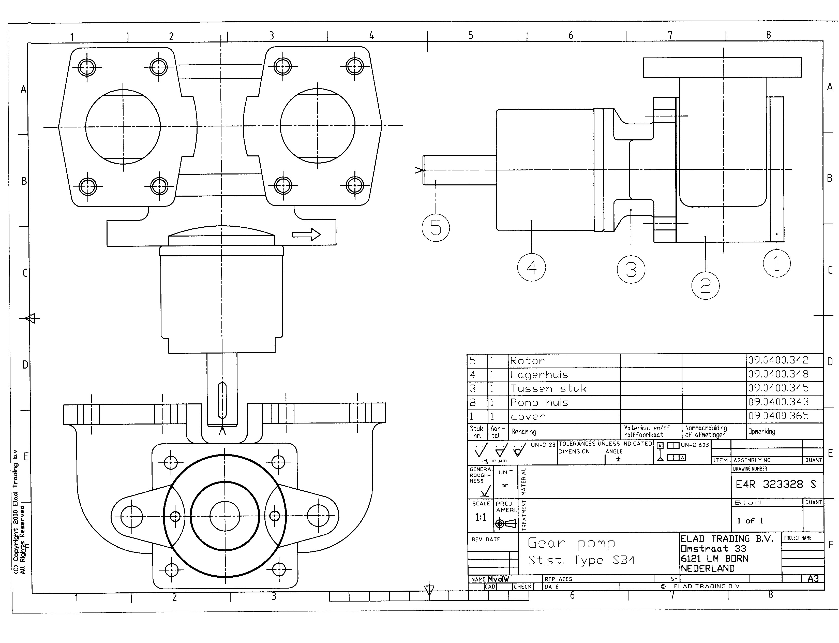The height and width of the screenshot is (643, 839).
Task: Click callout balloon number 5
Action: (435, 228)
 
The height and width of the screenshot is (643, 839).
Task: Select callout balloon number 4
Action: (531, 267)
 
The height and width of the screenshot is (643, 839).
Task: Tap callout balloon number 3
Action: (631, 269)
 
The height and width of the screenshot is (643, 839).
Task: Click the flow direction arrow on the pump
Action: (306, 234)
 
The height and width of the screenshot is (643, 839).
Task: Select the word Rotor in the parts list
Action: (527, 360)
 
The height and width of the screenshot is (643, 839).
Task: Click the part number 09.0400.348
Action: (778, 374)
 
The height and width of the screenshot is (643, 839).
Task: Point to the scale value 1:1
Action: (481, 517)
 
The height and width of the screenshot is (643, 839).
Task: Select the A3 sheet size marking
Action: (813, 579)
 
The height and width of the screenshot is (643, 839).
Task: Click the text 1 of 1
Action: (750, 520)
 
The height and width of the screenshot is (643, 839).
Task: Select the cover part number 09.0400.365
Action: (778, 416)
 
